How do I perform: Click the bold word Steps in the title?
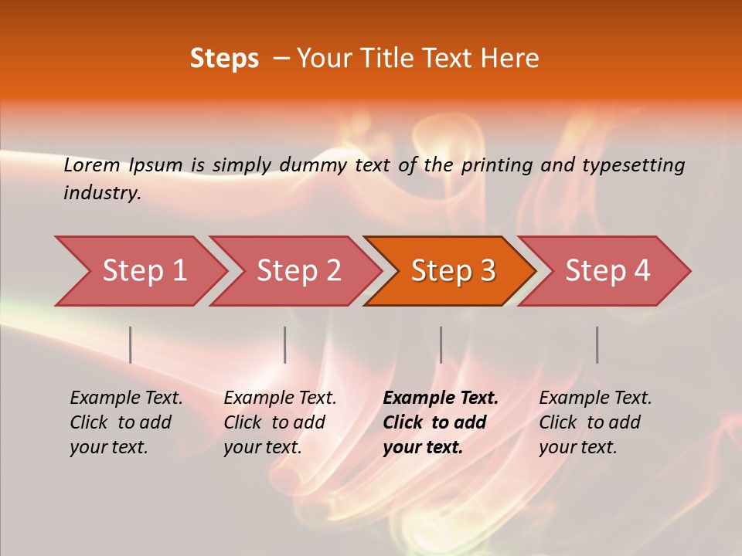[224, 59]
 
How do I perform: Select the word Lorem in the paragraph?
[92, 165]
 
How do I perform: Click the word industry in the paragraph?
[101, 193]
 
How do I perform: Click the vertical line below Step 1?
[131, 344]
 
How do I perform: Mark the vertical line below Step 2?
[285, 344]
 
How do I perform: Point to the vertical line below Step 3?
[441, 344]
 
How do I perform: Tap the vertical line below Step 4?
[597, 344]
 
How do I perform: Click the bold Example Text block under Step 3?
[441, 422]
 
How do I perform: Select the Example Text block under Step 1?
[126, 422]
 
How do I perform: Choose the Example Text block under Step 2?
[280, 422]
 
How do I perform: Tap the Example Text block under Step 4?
[595, 422]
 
